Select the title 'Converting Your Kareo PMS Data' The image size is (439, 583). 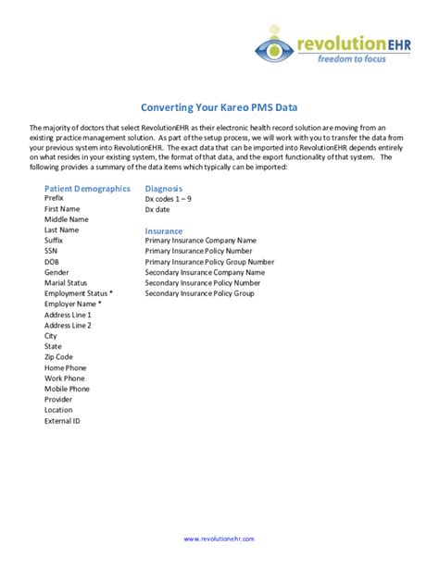(x=219, y=108)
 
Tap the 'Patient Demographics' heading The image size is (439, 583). (x=87, y=188)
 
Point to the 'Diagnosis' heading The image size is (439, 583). (x=163, y=188)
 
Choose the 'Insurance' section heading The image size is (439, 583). (x=164, y=230)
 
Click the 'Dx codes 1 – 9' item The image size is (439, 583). (x=169, y=199)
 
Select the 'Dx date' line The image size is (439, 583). (x=158, y=209)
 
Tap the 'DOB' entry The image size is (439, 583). (x=53, y=262)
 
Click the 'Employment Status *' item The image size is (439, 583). (x=79, y=293)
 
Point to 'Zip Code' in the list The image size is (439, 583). (x=58, y=357)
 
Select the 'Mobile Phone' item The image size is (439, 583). (x=67, y=389)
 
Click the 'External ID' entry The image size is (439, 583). (x=63, y=421)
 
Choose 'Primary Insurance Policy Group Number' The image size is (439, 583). (x=211, y=262)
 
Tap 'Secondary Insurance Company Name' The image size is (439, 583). (x=205, y=273)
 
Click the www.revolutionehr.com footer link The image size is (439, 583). (x=219, y=538)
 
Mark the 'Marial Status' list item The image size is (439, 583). (x=66, y=283)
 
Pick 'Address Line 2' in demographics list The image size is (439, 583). (x=68, y=326)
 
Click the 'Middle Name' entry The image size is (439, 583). (x=67, y=219)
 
